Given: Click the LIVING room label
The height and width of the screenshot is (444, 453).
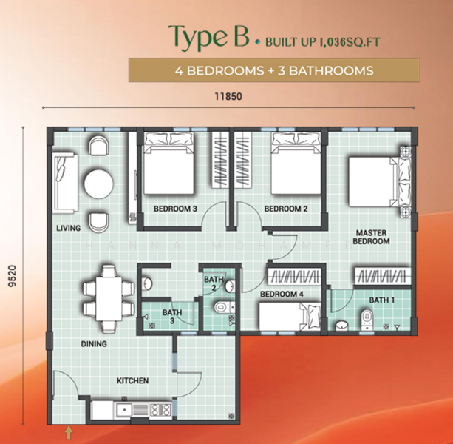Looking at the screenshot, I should (67, 228).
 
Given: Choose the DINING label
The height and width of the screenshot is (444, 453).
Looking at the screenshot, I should (94, 343).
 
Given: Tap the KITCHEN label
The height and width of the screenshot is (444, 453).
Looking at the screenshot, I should (133, 380).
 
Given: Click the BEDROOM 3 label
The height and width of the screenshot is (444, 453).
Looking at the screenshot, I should (175, 209).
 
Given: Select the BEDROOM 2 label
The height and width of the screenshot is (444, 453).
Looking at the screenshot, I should (285, 209).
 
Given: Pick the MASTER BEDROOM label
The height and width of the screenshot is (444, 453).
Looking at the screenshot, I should (370, 236).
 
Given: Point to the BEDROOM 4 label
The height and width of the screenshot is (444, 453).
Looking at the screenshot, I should (281, 295).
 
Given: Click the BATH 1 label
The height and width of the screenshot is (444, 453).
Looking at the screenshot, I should (382, 300).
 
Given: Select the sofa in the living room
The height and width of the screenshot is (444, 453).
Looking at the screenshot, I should (61, 180).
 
